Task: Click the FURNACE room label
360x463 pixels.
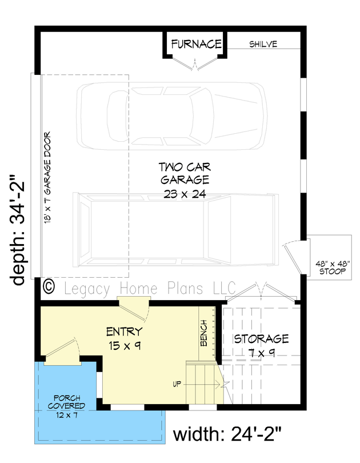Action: pyautogui.click(x=196, y=44)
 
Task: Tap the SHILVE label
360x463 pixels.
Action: pyautogui.click(x=263, y=44)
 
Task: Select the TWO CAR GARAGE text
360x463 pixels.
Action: pyautogui.click(x=185, y=174)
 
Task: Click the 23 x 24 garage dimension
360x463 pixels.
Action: pyautogui.click(x=185, y=194)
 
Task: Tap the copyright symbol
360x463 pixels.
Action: pyautogui.click(x=49, y=285)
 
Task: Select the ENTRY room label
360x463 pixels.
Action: pyautogui.click(x=124, y=331)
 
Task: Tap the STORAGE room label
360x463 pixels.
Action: pyautogui.click(x=261, y=339)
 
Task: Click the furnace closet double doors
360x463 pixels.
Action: pyautogui.click(x=196, y=64)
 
